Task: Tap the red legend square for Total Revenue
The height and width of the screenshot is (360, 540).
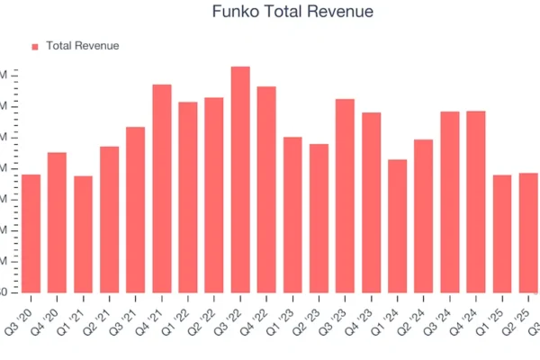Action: [35, 46]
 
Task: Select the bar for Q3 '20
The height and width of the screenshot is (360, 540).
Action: [31, 234]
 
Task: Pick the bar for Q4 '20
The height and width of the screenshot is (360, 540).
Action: [57, 223]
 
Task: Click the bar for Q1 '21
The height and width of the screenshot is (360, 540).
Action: [83, 235]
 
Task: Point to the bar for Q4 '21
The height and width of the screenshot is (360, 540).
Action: [162, 189]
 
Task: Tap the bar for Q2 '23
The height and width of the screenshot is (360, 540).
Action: [319, 219]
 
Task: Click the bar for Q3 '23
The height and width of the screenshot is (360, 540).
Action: [345, 196]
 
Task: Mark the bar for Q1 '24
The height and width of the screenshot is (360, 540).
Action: [397, 227]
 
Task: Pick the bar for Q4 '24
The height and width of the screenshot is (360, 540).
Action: [476, 202]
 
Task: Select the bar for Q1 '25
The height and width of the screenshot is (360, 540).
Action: [502, 234]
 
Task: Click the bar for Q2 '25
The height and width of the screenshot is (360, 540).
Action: [528, 233]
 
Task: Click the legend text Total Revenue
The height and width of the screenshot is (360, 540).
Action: [82, 46]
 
